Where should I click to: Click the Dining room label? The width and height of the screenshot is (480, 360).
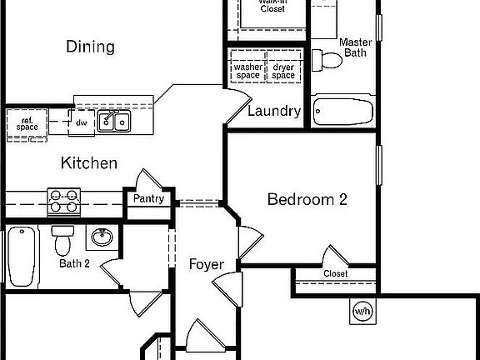[x=90, y=47]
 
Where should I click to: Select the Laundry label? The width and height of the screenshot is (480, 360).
[x=274, y=111]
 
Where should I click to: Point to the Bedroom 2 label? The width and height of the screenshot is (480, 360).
[x=307, y=199]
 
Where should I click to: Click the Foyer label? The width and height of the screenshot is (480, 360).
[x=206, y=264]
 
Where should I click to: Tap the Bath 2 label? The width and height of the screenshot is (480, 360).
[x=74, y=264]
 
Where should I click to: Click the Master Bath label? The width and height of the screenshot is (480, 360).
[x=355, y=47]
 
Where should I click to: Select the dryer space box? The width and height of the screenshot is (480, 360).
[x=283, y=72]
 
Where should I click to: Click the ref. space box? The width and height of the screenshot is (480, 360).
[x=27, y=124]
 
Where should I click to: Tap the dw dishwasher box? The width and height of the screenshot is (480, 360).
[x=82, y=122]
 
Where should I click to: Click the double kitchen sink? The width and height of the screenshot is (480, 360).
[x=114, y=121]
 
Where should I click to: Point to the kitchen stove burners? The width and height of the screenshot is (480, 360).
[x=63, y=200]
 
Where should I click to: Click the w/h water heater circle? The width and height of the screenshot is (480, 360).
[x=362, y=312]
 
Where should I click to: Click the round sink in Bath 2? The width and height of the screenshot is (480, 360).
[x=102, y=237]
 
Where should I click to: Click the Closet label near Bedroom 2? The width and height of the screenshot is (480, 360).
[x=335, y=273]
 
